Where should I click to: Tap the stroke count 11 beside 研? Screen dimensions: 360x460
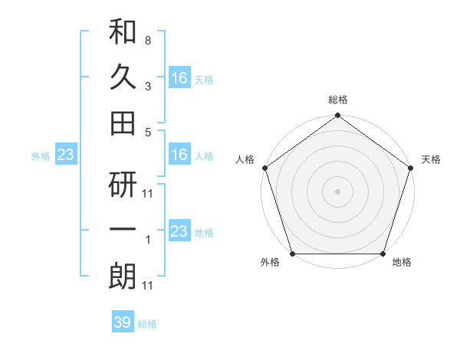point(148,193)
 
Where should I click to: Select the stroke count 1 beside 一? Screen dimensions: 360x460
point(147,241)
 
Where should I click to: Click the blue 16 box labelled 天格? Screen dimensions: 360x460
point(179,77)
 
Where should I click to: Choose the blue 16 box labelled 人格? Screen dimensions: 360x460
point(179,155)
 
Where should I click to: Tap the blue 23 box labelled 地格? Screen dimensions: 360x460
point(179,231)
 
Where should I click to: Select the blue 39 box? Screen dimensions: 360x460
point(122,322)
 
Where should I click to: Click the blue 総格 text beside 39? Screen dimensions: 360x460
point(147,324)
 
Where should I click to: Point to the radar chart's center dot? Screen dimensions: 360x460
point(337,191)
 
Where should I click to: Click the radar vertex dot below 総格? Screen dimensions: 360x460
point(337,116)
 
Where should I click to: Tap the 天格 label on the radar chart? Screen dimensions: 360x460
point(431,159)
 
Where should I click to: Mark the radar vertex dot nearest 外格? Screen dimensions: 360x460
point(292,254)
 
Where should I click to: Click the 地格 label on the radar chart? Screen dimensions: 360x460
point(402,263)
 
